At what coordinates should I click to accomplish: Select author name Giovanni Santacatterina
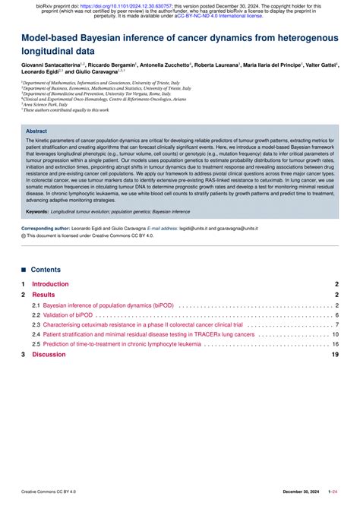pyautogui.click(x=52, y=66)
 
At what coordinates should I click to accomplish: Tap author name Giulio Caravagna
pyautogui.click(x=94, y=74)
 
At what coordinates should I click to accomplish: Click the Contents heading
pyautogui.click(x=46, y=269)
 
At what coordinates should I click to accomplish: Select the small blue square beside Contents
pyautogui.click(x=24, y=269)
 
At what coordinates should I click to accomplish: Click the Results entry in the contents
pyautogui.click(x=43, y=294)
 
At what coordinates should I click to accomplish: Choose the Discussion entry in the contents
pyautogui.click(x=49, y=354)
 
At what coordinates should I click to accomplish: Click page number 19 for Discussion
pyautogui.click(x=335, y=354)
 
